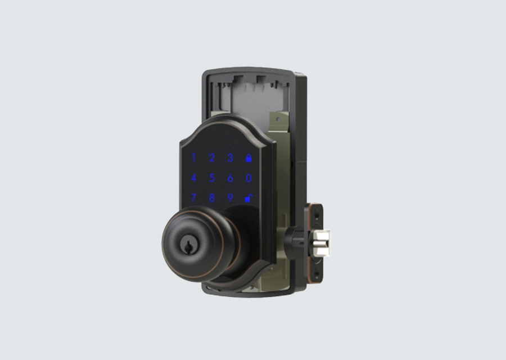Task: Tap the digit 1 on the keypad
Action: [x=193, y=157]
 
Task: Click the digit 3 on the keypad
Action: [x=230, y=158]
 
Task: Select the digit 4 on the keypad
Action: [x=193, y=178]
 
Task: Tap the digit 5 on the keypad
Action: [x=212, y=178]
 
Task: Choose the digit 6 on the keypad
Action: [x=230, y=178]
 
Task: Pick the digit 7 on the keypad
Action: [x=193, y=197]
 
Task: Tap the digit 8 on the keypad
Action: [x=212, y=197]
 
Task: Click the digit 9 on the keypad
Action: [x=230, y=197]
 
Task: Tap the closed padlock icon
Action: [x=249, y=158]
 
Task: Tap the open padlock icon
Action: [x=249, y=198]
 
